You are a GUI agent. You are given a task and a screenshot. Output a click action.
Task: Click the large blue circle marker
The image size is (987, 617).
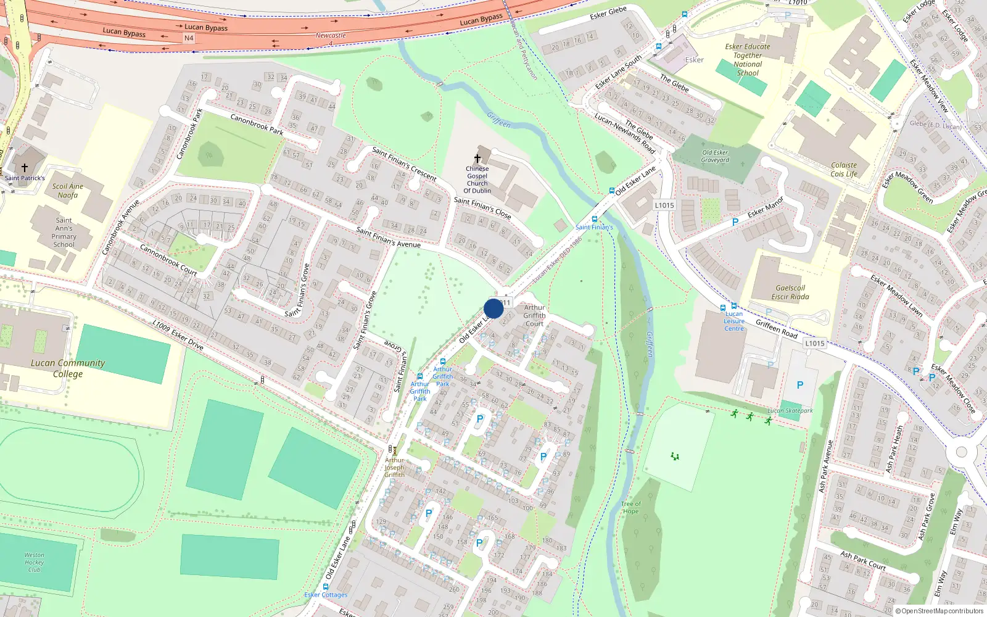point(493,308)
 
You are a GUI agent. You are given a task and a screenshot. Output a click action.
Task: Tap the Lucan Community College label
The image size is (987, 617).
point(68,368)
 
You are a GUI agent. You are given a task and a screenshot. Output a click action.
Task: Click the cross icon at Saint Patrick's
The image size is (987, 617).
point(25,168)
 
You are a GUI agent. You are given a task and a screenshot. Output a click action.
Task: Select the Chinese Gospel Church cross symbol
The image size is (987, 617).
point(477,159)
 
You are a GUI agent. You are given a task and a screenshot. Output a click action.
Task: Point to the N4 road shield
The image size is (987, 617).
point(189,38)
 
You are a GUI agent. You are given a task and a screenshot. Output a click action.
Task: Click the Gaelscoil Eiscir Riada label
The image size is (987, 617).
point(790,292)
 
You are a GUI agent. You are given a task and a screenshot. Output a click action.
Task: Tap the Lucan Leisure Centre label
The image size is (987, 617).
point(734,321)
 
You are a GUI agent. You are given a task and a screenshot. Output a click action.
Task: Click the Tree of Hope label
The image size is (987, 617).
point(630,507)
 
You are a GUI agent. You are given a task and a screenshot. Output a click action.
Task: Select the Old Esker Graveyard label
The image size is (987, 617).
point(715,156)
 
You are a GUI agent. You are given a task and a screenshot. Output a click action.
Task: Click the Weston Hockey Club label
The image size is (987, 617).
point(35,562)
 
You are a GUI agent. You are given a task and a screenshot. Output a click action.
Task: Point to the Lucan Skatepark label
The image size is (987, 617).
point(790,410)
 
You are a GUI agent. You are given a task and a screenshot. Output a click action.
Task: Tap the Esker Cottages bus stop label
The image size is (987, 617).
point(326,595)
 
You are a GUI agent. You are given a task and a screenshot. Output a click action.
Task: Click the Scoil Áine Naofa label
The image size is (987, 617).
point(68,191)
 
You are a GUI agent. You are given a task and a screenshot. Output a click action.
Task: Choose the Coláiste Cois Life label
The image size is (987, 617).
point(843,170)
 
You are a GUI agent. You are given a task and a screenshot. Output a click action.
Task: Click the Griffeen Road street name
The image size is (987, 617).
point(777,329)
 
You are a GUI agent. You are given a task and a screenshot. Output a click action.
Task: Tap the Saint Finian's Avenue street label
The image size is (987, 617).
point(388,238)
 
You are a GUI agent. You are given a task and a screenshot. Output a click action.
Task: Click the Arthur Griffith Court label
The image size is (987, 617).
point(534,315)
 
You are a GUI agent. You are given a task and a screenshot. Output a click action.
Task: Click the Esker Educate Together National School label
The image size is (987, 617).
point(748,59)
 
